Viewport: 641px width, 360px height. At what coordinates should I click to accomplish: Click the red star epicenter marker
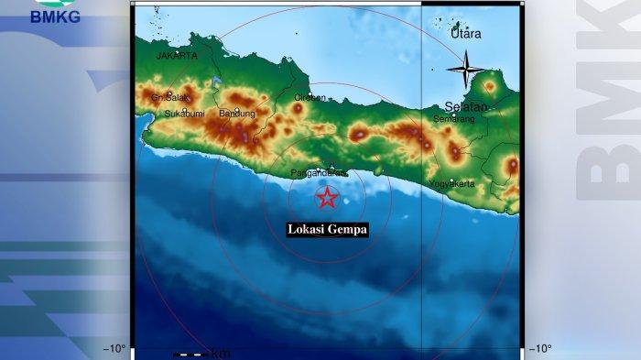pyautogui.click(x=327, y=198)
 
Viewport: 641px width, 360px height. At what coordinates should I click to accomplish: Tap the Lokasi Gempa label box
pyautogui.click(x=327, y=230)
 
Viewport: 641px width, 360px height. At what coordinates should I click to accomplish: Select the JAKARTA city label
pyautogui.click(x=177, y=56)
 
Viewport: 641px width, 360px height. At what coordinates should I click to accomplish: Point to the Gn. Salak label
pyautogui.click(x=169, y=97)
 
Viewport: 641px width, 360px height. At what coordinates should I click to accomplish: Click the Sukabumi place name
pyautogui.click(x=184, y=114)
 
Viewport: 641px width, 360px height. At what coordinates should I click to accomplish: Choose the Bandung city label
pyautogui.click(x=236, y=114)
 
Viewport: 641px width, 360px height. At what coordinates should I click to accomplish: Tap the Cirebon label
pyautogui.click(x=310, y=97)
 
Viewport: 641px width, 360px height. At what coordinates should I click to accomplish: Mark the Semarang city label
pyautogui.click(x=454, y=119)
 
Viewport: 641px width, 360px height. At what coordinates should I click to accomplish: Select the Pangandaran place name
pyautogui.click(x=319, y=172)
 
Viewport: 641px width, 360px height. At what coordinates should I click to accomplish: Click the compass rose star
pyautogui.click(x=466, y=71)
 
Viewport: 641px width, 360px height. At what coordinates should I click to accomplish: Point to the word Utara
pyautogui.click(x=466, y=34)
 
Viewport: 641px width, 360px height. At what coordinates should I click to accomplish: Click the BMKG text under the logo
pyautogui.click(x=55, y=16)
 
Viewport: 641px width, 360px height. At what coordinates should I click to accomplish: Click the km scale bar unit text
pyautogui.click(x=221, y=354)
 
